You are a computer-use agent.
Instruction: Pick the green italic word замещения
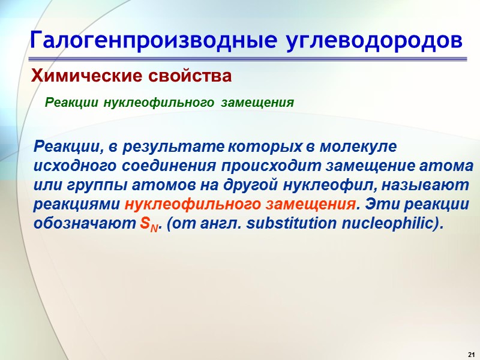257,103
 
